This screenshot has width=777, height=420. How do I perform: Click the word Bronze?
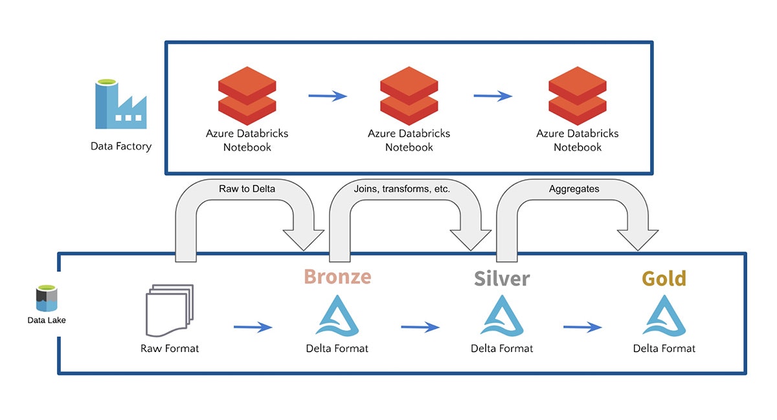pyautogui.click(x=337, y=276)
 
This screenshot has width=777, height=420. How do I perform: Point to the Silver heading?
pyautogui.click(x=502, y=278)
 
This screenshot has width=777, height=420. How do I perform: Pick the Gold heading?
pyautogui.click(x=664, y=278)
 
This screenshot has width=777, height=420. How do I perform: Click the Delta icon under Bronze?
pyautogui.click(x=337, y=316)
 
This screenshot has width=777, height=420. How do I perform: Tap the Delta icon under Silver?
pyautogui.click(x=502, y=316)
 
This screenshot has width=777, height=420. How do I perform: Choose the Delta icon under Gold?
pyautogui.click(x=664, y=316)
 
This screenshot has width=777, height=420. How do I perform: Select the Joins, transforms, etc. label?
pyautogui.click(x=402, y=189)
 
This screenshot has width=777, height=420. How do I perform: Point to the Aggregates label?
pyautogui.click(x=574, y=189)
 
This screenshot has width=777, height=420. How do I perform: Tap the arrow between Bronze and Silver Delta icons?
pyautogui.click(x=420, y=327)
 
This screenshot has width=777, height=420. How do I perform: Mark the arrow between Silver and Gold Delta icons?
pyautogui.click(x=582, y=327)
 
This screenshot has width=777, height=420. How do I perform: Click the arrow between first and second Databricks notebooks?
pyautogui.click(x=327, y=96)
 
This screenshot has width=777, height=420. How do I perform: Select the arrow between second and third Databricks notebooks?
pyautogui.click(x=493, y=96)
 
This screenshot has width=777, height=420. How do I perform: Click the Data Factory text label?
pyautogui.click(x=121, y=146)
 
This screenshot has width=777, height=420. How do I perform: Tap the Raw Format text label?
pyautogui.click(x=170, y=348)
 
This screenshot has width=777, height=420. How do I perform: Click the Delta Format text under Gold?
pyautogui.click(x=664, y=348)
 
